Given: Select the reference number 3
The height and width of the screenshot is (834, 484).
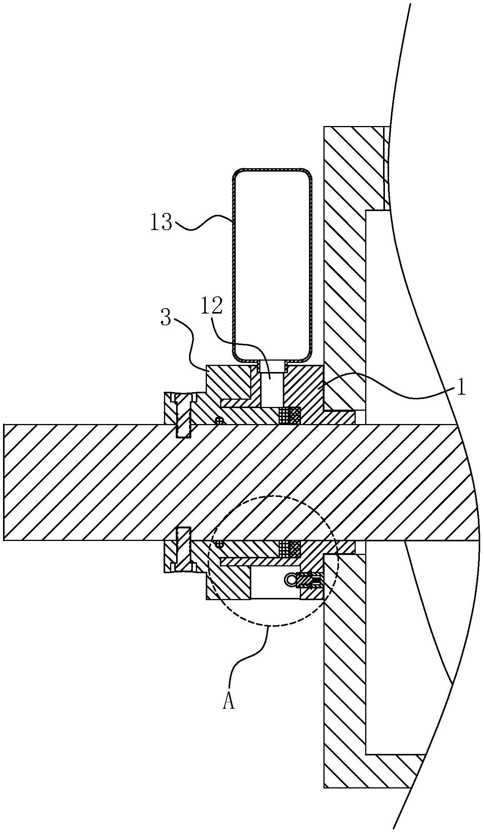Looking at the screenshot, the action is (166, 318).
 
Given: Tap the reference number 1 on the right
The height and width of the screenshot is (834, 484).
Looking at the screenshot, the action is (461, 389).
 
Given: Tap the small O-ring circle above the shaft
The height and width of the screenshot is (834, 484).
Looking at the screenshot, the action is (219, 420).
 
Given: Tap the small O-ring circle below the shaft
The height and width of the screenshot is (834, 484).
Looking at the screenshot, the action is (219, 544).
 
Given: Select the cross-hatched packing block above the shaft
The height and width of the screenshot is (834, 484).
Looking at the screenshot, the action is (290, 415).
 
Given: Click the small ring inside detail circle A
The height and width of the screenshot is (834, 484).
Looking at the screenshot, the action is (290, 579).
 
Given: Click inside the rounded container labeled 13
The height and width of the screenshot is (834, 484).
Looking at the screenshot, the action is (272, 265).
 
